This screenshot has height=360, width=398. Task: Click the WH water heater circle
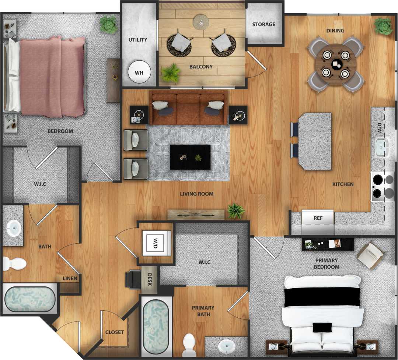click(139, 72)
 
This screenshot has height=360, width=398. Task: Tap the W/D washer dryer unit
click(157, 243)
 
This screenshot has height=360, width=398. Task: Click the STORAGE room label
click(263, 24)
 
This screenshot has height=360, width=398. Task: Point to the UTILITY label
click(138, 40)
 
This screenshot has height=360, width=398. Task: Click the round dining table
click(336, 65)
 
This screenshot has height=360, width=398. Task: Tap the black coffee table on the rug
click(190, 157)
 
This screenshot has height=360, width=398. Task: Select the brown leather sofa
click(188, 109)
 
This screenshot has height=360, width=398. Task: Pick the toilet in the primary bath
click(189, 343)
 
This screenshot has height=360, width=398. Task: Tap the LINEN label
click(70, 278)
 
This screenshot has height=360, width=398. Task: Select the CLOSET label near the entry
click(115, 332)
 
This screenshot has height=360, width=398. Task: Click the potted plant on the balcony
click(171, 73)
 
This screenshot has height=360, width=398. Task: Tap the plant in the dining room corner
click(384, 26)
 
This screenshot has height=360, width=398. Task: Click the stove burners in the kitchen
click(383, 187)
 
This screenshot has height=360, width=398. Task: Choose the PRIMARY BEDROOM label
click(327, 264)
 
